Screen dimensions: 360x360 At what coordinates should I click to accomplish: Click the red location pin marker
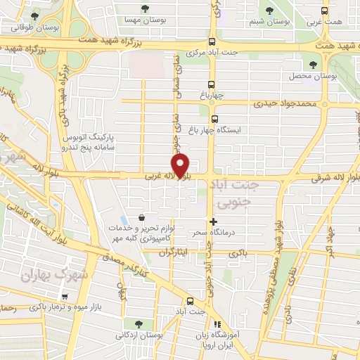(181, 166)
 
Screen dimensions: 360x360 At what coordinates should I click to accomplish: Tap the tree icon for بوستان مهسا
(145, 9)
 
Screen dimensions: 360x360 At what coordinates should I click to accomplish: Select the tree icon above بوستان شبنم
(270, 10)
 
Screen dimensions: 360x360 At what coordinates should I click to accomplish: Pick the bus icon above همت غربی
(324, 11)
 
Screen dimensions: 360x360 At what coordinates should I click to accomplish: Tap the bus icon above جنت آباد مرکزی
(212, 41)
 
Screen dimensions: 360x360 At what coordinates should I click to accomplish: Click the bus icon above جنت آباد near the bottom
(181, 300)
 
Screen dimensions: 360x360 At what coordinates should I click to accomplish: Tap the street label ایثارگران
(174, 252)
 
